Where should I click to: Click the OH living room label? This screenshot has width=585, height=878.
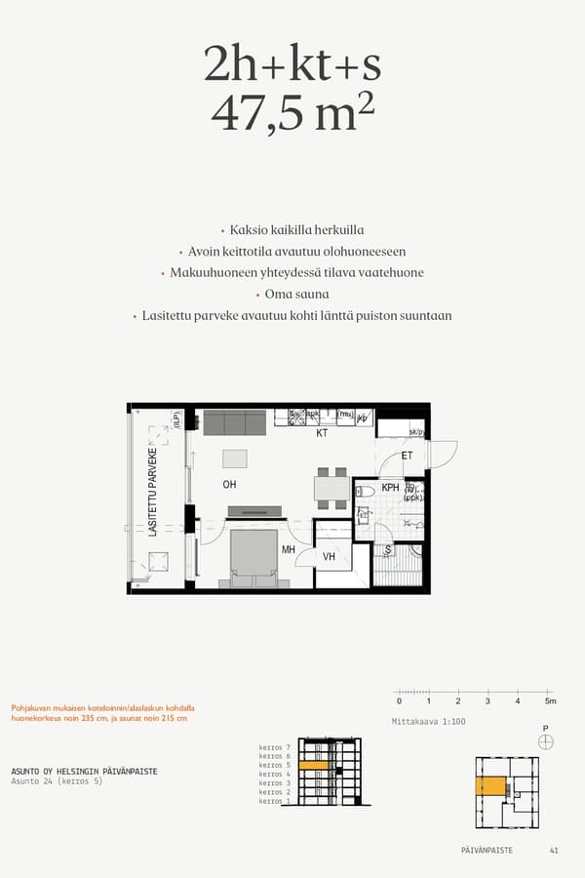tap(230, 484)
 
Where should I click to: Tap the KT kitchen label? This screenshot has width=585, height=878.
tap(321, 434)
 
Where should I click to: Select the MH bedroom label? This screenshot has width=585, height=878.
tap(289, 550)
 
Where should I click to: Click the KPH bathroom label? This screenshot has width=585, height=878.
tap(390, 488)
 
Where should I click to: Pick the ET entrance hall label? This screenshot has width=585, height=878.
tap(407, 456)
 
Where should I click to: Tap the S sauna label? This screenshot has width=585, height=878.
tap(388, 550)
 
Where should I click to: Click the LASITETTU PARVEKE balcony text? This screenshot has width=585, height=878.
tap(153, 494)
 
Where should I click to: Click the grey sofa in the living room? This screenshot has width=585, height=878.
tap(234, 422)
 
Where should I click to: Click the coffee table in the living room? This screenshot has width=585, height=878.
tap(235, 459)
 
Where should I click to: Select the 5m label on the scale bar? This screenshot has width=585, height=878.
tap(550, 701)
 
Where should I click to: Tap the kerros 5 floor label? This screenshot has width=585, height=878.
tap(275, 766)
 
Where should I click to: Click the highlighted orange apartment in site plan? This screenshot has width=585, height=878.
tap(490, 786)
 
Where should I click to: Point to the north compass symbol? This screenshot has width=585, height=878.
tap(545, 741)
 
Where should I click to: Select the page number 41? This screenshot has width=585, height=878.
tap(554, 851)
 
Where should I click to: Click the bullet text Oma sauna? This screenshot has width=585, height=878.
tap(296, 294)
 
